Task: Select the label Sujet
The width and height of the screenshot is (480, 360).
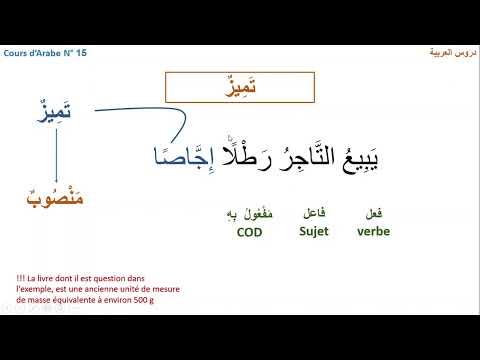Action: point(313,232)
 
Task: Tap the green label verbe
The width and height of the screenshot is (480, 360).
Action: point(373,232)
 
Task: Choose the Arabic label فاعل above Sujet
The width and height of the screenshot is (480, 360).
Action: point(313,213)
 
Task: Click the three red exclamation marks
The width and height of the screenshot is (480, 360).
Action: point(22,277)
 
